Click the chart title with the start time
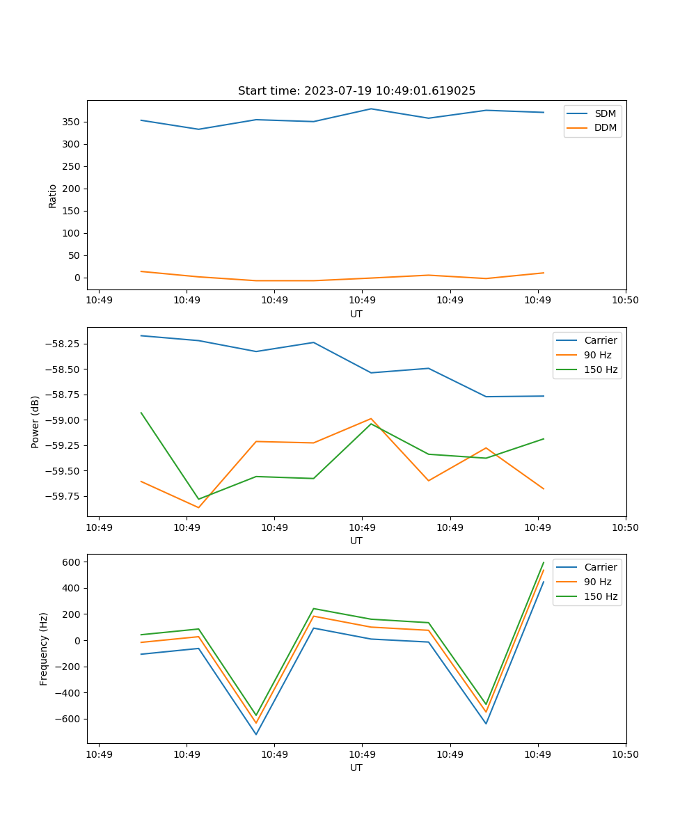pos(356,91)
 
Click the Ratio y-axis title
pos(53,196)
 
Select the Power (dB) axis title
pos(35,422)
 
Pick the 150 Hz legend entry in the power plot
pos(601,369)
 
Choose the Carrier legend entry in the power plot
pos(601,340)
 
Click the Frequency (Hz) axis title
pos(44,649)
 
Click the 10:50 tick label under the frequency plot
pos(625,754)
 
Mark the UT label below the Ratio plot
pos(356,314)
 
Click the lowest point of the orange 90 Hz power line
pos(198,507)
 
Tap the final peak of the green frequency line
pos(544,562)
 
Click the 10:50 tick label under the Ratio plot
pos(625,300)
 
